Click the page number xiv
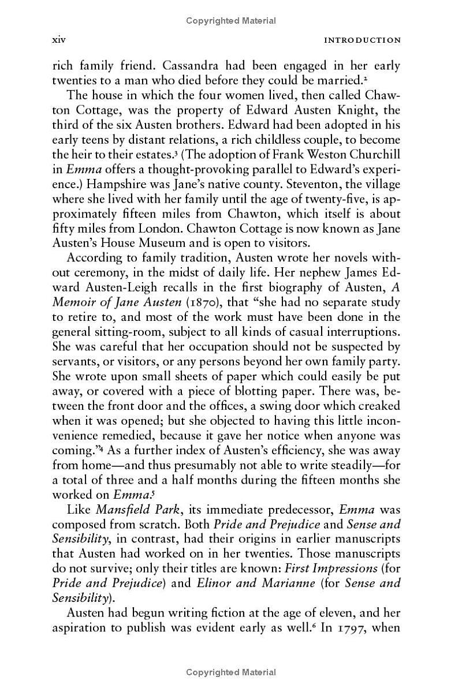click(59, 40)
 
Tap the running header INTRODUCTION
click(362, 40)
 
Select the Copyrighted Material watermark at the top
click(231, 21)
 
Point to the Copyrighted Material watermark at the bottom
click(231, 672)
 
